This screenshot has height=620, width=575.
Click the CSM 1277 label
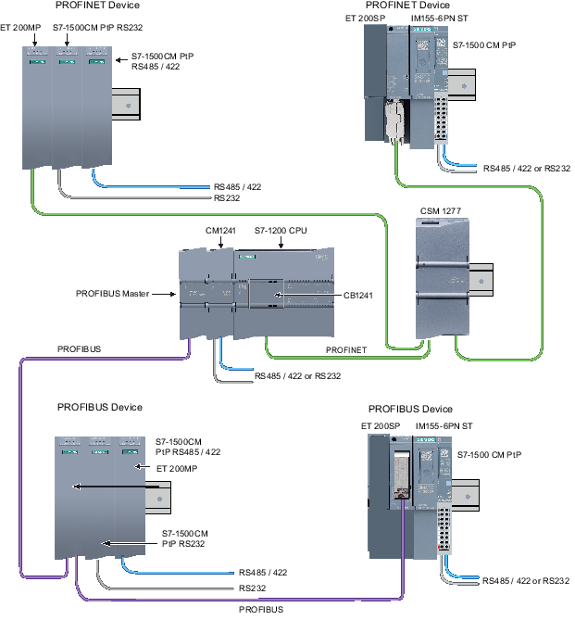tap(439, 211)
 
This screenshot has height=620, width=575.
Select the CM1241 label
tap(220, 229)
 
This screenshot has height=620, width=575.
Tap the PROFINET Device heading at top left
tap(98, 6)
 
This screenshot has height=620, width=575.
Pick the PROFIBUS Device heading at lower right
tap(410, 409)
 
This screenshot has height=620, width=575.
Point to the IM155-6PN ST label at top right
tap(441, 18)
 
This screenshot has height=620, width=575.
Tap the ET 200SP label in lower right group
tap(379, 425)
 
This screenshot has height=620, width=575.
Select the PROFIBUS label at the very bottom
tap(261, 610)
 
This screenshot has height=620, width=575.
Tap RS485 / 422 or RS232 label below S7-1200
tap(298, 376)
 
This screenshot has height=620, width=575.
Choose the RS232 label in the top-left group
tap(227, 197)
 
